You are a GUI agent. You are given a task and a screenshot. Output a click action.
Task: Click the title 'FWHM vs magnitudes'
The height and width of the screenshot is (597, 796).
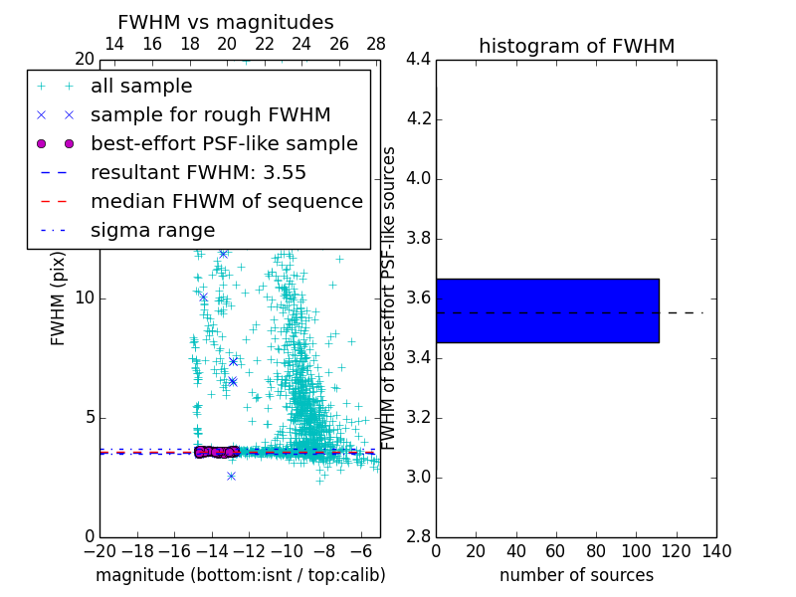226,22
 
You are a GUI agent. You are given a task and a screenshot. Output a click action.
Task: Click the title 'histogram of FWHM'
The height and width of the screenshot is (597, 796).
576,46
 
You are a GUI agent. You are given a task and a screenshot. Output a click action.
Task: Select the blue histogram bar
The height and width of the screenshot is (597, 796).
547,310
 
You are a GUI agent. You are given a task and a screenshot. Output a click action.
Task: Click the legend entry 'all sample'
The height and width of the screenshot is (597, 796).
141,87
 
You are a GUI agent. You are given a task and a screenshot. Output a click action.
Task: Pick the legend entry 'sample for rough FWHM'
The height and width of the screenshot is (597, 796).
210,114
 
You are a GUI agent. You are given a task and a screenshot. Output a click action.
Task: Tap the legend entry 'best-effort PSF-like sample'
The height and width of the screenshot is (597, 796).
224,143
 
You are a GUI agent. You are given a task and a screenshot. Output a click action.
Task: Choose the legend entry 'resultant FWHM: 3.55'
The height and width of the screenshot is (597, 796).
198,172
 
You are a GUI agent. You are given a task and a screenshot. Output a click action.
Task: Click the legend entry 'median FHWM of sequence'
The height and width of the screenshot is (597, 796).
226,201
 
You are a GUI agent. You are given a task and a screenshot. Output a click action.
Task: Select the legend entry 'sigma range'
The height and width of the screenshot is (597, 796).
152,230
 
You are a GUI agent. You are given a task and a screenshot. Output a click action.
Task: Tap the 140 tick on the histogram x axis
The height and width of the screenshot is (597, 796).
716,551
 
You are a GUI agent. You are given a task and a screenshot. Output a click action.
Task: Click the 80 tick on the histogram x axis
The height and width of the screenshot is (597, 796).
596,551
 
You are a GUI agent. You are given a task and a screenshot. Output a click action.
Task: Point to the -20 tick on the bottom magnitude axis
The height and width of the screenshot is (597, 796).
99,551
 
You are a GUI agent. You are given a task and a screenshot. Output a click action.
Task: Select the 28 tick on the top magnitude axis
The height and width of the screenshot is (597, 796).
376,44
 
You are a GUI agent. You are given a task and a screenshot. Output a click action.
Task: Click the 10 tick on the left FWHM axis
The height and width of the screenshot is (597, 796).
86,298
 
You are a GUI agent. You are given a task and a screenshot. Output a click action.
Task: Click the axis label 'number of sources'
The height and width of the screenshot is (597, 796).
576,575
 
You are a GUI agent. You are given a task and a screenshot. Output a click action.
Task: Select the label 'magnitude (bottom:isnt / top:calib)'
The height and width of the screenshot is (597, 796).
240,575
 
